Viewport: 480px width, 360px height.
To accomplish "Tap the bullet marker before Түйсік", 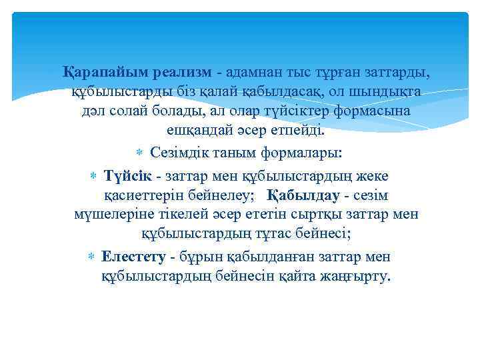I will (x=93, y=177).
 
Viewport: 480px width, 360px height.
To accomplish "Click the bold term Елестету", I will (x=133, y=257).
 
